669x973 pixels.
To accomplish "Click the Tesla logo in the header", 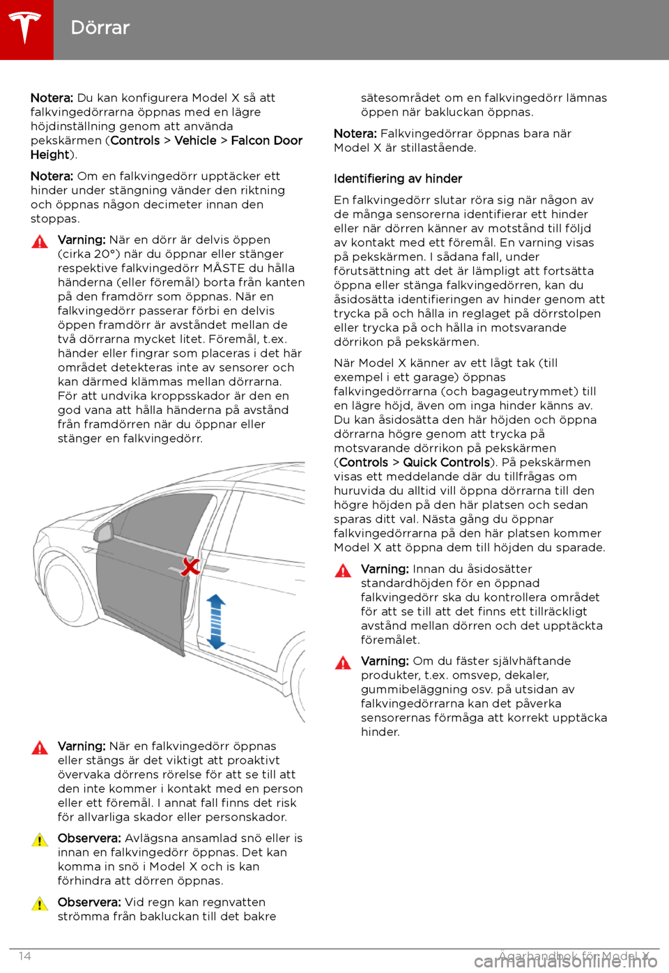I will coord(26,29).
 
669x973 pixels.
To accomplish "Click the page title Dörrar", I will coord(100,28).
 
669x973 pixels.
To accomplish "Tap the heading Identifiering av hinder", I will coord(398,179).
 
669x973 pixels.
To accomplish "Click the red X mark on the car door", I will coord(190,566).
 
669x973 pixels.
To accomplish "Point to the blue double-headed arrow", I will coord(216,621).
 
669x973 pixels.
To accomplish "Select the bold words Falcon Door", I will coord(266,141).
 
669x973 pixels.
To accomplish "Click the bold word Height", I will coord(49,155).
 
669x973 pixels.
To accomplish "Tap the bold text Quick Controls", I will coord(446,463).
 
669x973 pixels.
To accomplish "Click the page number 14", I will coord(25,956).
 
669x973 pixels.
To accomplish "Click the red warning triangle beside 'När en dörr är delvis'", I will coord(40,242).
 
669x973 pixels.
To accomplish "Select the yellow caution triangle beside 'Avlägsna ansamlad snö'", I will coord(40,840).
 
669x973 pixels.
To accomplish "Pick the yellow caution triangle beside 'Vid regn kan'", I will coord(40,904).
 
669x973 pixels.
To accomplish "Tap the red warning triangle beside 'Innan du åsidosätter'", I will coord(343,571).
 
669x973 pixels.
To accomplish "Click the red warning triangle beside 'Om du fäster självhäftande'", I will coord(343,663).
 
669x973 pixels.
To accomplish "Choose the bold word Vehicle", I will coord(195,141).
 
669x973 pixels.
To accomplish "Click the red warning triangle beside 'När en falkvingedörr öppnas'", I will coord(40,748).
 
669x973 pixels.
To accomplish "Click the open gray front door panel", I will coord(139,592).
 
